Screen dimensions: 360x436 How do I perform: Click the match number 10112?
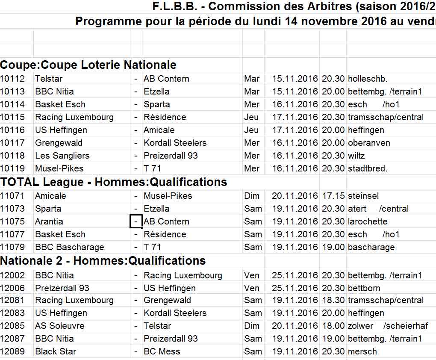tap(12, 79)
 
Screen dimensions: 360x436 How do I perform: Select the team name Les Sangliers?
tap(62, 156)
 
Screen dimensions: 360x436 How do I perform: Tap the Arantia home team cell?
tap(49, 221)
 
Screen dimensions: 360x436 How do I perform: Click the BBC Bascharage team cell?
tap(69, 247)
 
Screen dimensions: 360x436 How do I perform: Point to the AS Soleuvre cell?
tap(59, 326)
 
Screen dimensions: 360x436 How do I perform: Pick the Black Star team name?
tap(56, 351)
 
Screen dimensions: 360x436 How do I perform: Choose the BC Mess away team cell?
tap(162, 351)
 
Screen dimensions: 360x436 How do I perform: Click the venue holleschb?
tap(368, 79)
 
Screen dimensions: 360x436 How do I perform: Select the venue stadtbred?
tap(368, 168)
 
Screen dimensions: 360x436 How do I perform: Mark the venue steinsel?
tap(363, 196)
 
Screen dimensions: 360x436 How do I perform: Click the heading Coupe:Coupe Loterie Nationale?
tap(88, 65)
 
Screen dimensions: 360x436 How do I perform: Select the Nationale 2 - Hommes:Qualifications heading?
tap(103, 261)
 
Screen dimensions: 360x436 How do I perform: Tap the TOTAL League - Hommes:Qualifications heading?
tap(113, 182)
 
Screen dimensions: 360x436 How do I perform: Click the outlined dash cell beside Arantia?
tap(136, 221)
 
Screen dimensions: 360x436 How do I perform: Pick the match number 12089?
tap(12, 351)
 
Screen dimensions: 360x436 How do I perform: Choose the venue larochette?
tap(368, 221)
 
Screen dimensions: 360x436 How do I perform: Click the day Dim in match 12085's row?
tap(252, 326)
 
